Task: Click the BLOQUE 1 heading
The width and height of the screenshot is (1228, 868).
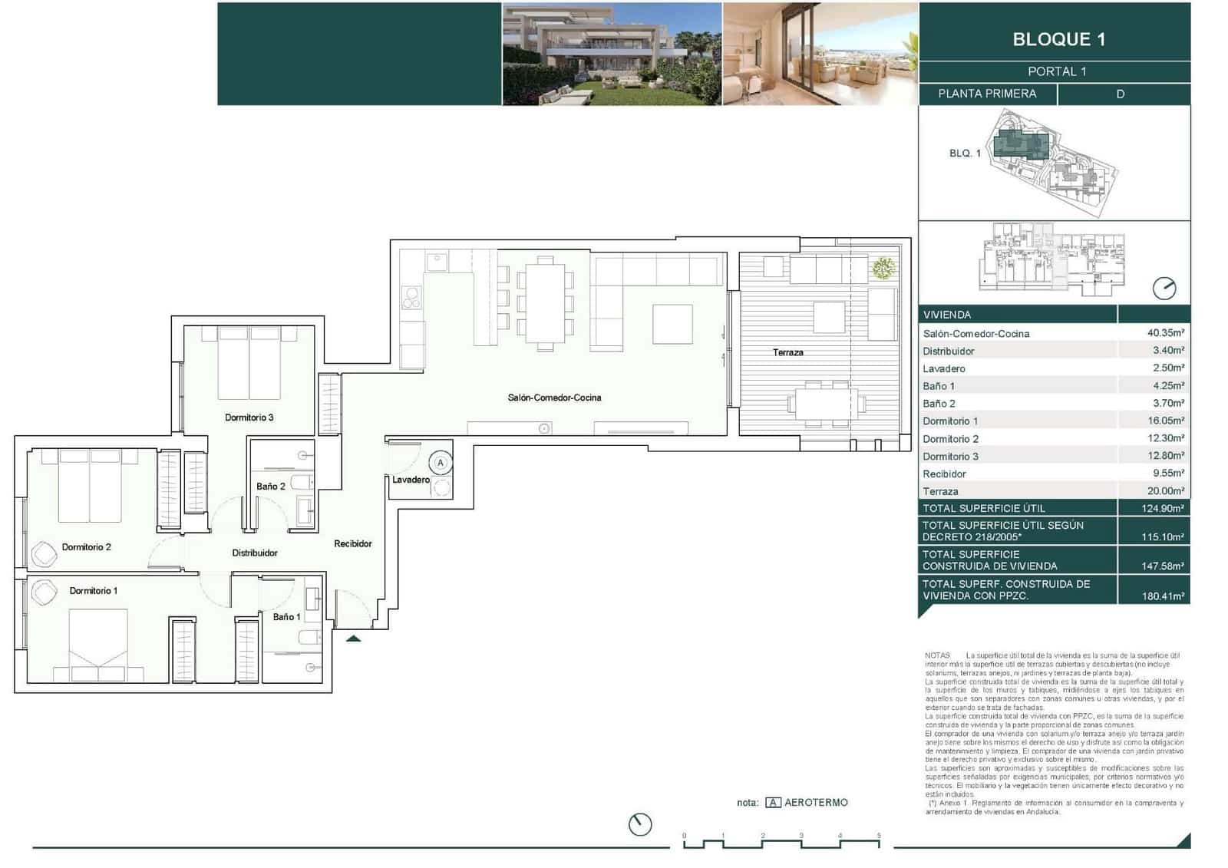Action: coord(1058,39)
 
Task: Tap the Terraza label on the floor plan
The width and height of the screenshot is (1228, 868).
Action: coord(787,352)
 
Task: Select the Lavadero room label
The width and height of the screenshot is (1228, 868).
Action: coord(411,480)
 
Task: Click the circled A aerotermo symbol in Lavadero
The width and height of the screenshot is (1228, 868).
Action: coord(441,463)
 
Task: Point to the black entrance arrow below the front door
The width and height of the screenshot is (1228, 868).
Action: coord(353,637)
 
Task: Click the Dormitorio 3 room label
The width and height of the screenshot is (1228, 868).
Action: coord(249,417)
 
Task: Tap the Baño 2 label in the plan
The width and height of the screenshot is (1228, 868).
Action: coord(270,486)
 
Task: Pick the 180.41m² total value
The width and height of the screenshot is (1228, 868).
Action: coord(1162,596)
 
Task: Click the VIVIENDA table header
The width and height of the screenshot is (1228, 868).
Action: coord(947,315)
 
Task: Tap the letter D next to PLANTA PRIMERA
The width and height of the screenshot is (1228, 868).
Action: coord(1120,94)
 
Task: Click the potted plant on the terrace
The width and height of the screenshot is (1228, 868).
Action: coord(883,268)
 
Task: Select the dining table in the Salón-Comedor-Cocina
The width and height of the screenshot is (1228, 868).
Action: coord(545,303)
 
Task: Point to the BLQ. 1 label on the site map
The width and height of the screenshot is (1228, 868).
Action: coord(965,153)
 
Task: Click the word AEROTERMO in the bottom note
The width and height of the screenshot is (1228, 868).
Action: coord(816,802)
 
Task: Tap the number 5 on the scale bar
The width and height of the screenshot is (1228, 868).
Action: coord(879,836)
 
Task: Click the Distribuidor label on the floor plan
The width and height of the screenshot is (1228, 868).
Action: coord(255,553)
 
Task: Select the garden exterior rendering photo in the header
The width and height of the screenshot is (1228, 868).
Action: coord(612,54)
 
